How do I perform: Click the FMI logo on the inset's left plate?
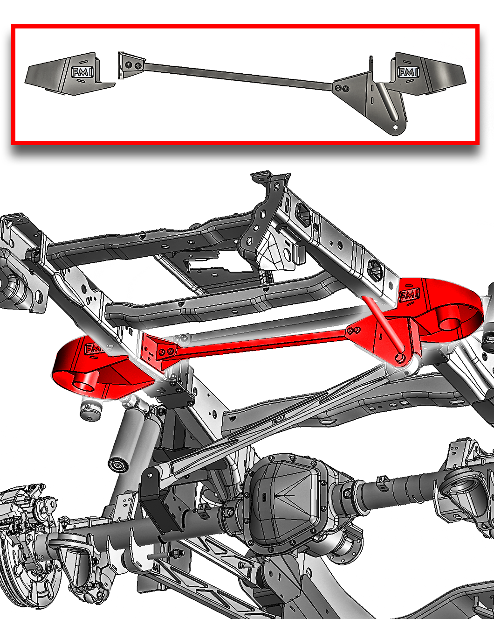tap(82, 72)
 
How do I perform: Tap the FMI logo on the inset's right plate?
tap(408, 72)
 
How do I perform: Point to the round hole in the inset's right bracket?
tap(395, 127)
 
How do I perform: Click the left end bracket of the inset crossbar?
tap(131, 65)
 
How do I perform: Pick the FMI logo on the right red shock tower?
tap(409, 295)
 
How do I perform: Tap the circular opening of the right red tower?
tap(452, 324)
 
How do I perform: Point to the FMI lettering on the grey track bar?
tap(279, 421)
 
